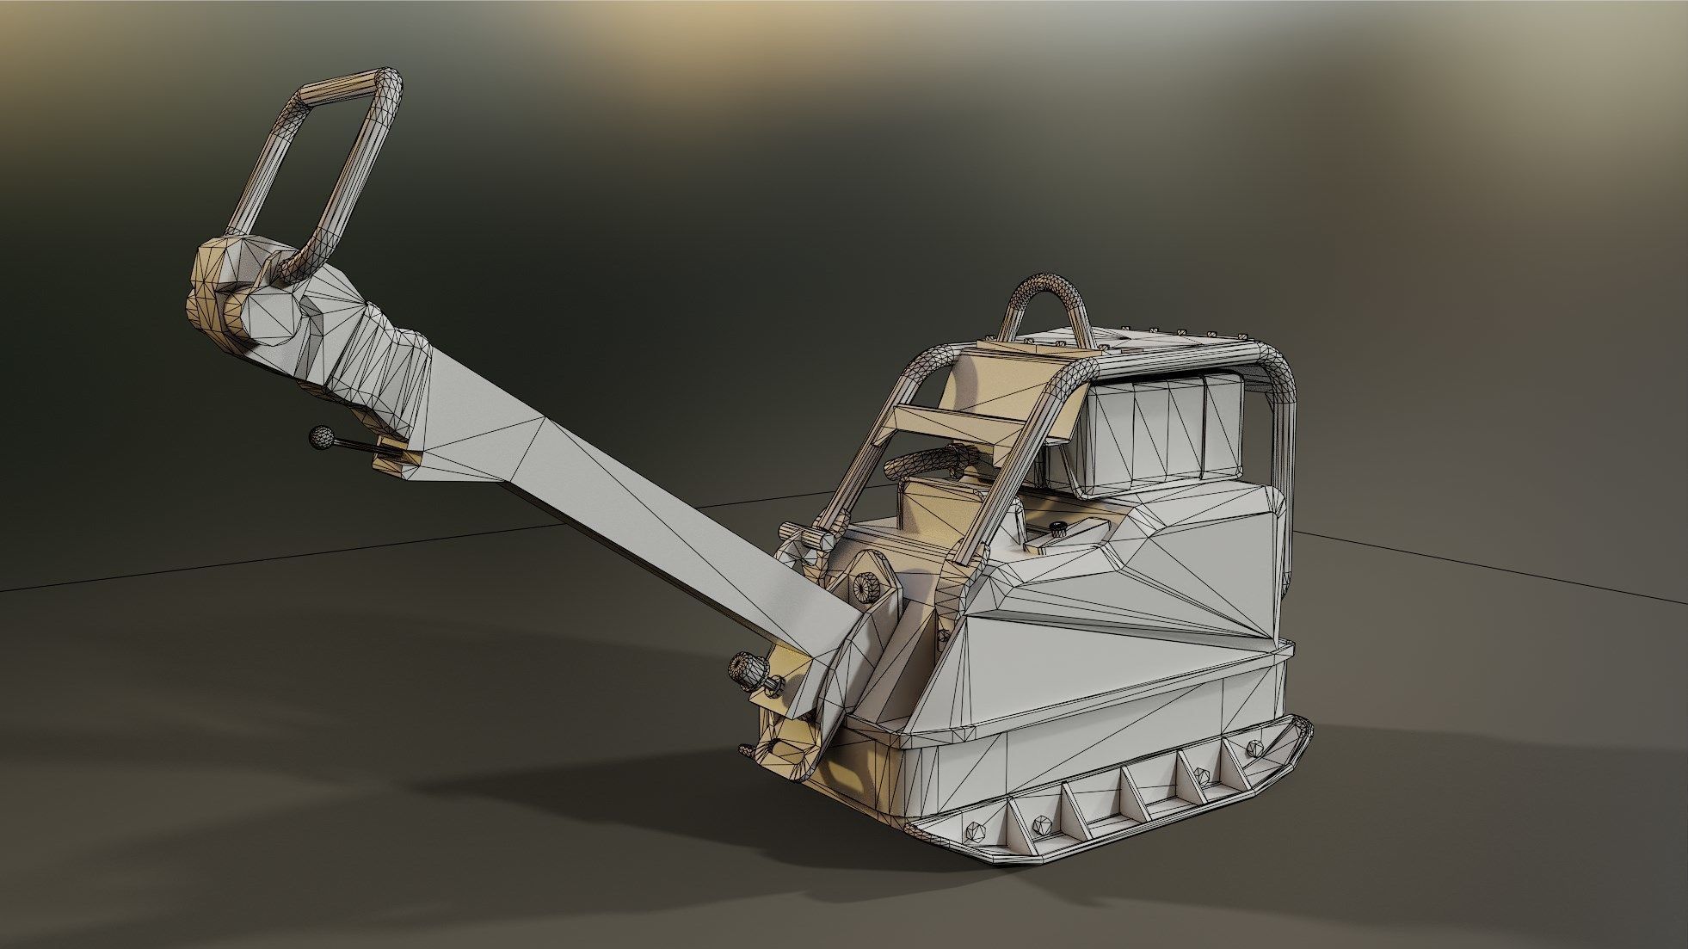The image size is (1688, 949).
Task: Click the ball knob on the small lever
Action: pyautogui.click(x=322, y=437)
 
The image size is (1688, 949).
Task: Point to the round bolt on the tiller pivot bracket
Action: pyautogui.click(x=863, y=587)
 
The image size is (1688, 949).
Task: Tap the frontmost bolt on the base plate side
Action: pyautogui.click(x=976, y=832)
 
